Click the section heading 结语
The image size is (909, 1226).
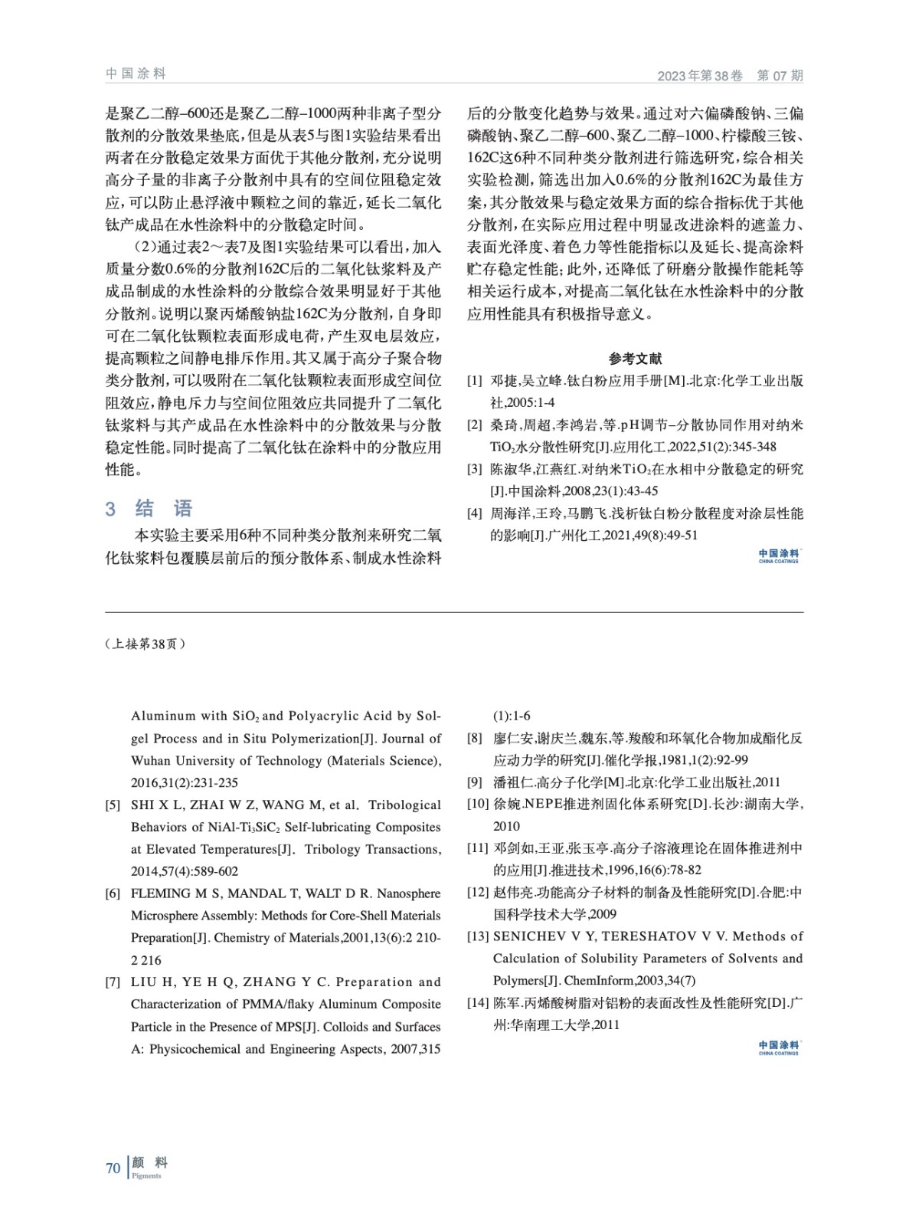pos(163,508)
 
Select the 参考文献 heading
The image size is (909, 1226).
pos(635,358)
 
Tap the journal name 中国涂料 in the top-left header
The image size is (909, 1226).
pos(136,74)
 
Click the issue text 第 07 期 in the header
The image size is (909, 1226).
pos(780,75)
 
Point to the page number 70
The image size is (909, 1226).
pos(113,1168)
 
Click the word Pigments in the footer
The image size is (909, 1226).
pos(146,1175)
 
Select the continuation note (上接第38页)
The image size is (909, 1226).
pos(146,644)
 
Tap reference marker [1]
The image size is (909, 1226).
pos(475,381)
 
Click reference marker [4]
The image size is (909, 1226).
pos(475,513)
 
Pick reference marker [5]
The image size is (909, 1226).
pos(113,805)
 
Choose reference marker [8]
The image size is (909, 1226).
pos(475,739)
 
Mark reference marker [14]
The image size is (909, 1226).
pos(478,1003)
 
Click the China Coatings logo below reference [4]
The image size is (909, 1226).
pos(778,556)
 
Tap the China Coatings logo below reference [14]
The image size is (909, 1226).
pos(778,1047)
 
